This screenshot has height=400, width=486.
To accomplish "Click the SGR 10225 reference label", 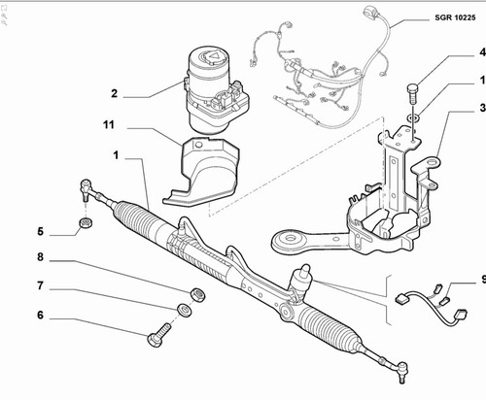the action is [x=455, y=17].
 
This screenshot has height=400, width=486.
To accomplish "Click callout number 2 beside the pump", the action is [x=114, y=93].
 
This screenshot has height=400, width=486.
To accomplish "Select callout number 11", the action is [x=109, y=124].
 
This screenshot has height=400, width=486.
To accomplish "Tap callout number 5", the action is [x=40, y=231].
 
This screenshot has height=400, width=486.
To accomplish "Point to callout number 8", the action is [x=40, y=257].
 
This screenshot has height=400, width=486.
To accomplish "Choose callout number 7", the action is [x=40, y=285].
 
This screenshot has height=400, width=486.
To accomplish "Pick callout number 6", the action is [x=40, y=315].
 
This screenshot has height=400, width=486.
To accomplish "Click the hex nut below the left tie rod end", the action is [x=87, y=222].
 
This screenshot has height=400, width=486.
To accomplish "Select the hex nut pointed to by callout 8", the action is [x=197, y=294].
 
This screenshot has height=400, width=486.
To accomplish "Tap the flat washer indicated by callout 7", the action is [x=185, y=309].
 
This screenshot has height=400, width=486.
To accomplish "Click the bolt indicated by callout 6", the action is [x=158, y=335].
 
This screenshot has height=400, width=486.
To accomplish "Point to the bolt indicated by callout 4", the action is [x=412, y=93].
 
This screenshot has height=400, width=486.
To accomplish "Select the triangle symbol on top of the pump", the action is [x=213, y=56].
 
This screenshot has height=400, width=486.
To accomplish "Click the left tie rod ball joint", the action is [x=86, y=189].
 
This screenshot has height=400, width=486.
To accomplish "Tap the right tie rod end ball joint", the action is [x=401, y=372].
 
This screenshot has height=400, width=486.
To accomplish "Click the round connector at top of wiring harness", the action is [x=369, y=13].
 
